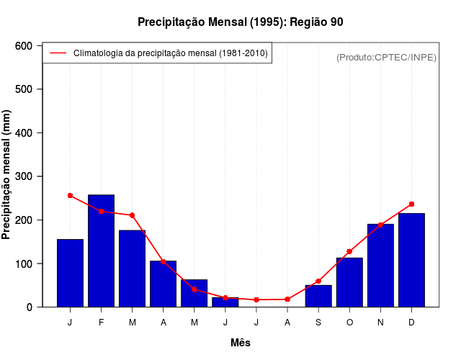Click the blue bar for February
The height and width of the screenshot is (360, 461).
pyautogui.click(x=101, y=251)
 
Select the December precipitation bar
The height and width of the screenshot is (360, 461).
pyautogui.click(x=411, y=260)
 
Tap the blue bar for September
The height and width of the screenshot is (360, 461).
pyautogui.click(x=318, y=296)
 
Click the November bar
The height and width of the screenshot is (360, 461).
pyautogui.click(x=380, y=265)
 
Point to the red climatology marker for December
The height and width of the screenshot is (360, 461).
pyautogui.click(x=411, y=204)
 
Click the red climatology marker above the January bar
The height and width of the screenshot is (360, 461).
pyautogui.click(x=70, y=195)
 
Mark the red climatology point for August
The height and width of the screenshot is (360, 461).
pyautogui.click(x=287, y=299)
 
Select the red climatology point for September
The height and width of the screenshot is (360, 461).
pyautogui.click(x=318, y=281)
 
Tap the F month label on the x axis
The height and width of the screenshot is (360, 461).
pyautogui.click(x=101, y=323)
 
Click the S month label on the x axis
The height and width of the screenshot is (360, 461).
pyautogui.click(x=318, y=323)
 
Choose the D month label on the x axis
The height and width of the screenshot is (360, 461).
pyautogui.click(x=411, y=323)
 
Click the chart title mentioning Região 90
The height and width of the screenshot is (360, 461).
pyautogui.click(x=241, y=22)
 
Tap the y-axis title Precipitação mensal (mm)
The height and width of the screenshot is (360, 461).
pyautogui.click(x=7, y=175)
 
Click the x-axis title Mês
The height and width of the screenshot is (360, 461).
pyautogui.click(x=241, y=343)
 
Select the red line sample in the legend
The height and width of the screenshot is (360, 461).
pyautogui.click(x=58, y=53)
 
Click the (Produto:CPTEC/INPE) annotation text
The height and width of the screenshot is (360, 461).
pyautogui.click(x=386, y=57)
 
